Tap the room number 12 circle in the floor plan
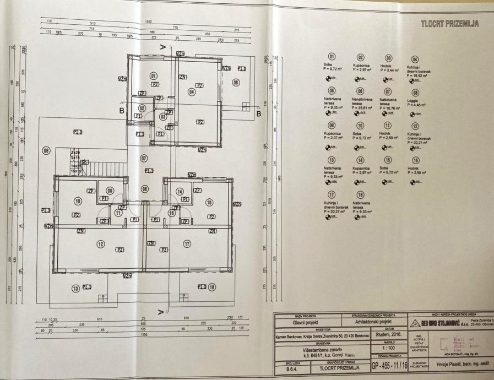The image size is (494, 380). (x=100, y=243)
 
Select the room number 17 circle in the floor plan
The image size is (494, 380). (x=187, y=243)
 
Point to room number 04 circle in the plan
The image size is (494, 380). (x=192, y=92)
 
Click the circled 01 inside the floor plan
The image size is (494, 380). (x=154, y=76)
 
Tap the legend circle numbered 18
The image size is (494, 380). (x=360, y=194)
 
